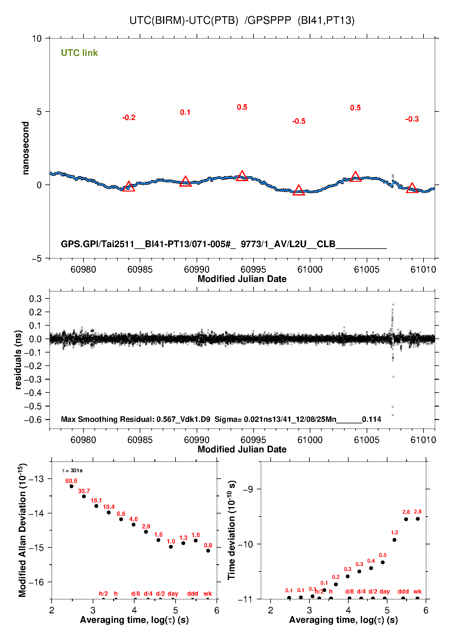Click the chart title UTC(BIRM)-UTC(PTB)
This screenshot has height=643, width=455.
183,20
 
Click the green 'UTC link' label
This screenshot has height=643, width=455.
79,53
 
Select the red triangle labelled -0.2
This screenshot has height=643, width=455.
129,187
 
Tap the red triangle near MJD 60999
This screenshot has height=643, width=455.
299,191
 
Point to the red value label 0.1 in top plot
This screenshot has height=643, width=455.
185,112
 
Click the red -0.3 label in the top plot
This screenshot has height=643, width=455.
412,119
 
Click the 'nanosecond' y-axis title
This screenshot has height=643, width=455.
26,148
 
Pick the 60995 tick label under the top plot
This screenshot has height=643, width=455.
253,269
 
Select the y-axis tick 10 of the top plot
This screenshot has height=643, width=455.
37,38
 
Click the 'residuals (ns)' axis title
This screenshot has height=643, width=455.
18,360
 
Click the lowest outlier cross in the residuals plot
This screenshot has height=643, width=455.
392,415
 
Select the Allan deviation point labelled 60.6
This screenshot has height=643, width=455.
72,486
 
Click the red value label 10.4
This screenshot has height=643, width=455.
109,507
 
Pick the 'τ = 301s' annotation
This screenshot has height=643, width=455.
72,470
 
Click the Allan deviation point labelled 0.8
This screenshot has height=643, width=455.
208,551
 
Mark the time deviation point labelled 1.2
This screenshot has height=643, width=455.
394,540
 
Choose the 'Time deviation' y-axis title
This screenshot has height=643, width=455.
231,530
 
